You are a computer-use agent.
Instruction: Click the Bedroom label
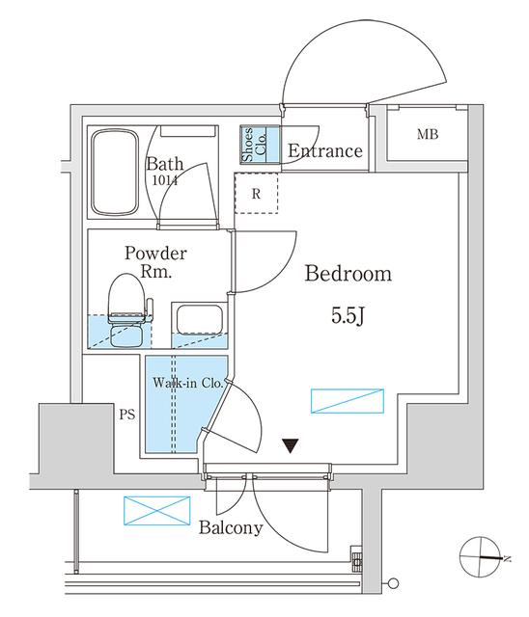pos(348,274)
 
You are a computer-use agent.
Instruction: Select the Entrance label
pos(324,151)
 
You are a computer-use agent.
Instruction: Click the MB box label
pos(428,134)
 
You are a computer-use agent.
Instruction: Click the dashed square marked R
pos(257,194)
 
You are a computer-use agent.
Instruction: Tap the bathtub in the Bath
pos(116,174)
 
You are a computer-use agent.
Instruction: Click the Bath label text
pos(165,164)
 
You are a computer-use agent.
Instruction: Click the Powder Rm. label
pos(155,262)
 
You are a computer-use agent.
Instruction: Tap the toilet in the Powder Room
pos(127,308)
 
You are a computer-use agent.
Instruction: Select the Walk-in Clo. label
pos(187,383)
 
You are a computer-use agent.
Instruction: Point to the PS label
pos(125,416)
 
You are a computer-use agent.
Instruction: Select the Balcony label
pos(231,528)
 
